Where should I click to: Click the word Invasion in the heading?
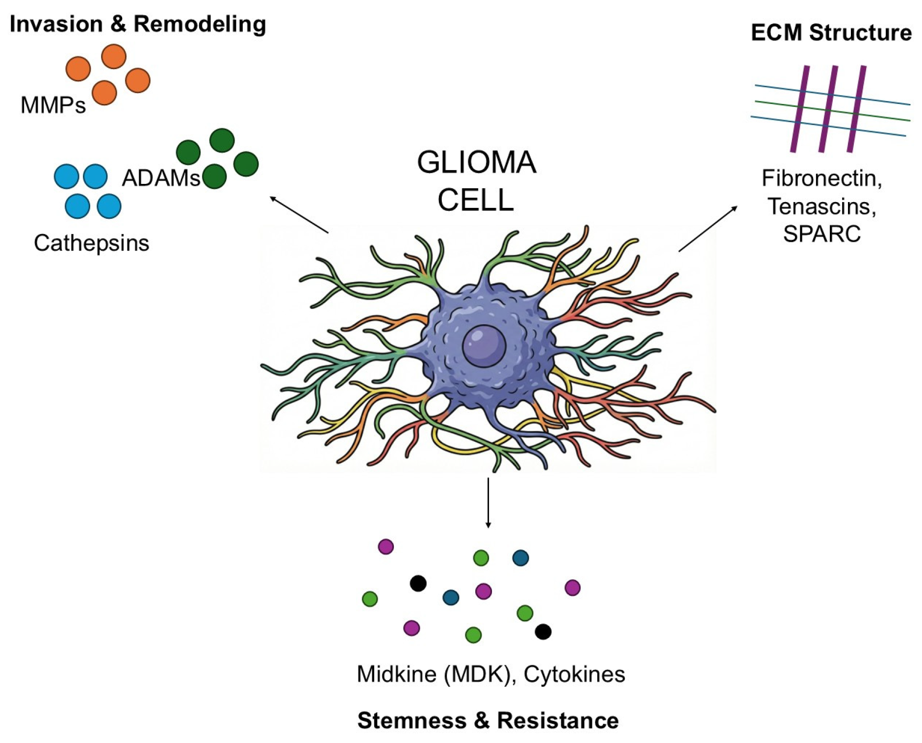tap(56, 24)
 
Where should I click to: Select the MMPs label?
tap(53, 105)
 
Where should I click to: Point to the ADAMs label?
tap(161, 178)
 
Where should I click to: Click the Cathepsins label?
tap(91, 243)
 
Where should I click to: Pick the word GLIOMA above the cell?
tap(476, 162)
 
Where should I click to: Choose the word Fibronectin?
tap(821, 178)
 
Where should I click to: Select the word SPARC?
tap(821, 233)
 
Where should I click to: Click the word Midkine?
tap(397, 674)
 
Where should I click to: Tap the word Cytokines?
tap(574, 674)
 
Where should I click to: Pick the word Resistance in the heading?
tap(558, 720)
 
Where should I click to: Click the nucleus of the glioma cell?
tap(484, 346)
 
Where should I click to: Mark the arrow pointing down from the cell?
tap(488, 503)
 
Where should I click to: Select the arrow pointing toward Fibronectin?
tap(708, 229)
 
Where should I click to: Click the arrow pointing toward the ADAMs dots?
tap(299, 214)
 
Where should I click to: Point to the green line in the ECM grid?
tap(832, 111)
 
